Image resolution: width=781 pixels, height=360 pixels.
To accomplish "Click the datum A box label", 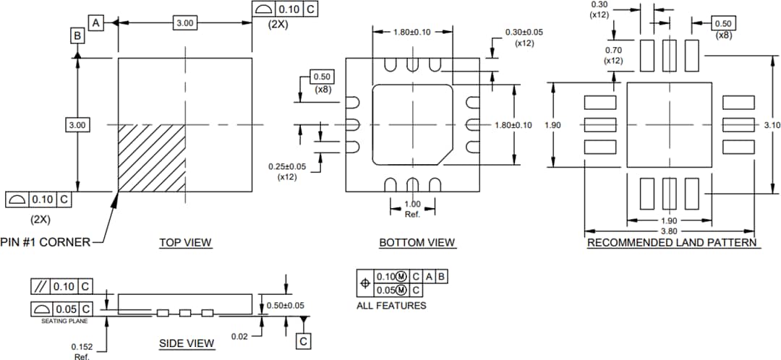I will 96,23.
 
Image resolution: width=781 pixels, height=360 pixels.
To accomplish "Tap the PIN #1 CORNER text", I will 46,242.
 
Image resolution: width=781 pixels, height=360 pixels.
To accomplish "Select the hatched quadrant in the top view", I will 151,158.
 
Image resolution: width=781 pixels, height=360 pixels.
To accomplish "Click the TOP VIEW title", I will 186,243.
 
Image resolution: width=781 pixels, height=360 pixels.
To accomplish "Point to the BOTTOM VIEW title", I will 417,243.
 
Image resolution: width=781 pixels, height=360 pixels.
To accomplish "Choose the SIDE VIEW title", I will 187,343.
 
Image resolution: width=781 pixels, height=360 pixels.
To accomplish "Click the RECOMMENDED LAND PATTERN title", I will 672,243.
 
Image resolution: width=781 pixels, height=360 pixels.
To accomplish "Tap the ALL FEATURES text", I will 391,306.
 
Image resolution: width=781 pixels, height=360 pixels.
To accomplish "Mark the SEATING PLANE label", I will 63,321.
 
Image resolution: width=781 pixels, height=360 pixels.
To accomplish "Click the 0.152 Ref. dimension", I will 81,350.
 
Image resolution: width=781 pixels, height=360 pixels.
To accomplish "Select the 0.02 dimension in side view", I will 240,337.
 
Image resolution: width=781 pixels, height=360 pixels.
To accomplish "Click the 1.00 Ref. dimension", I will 412,209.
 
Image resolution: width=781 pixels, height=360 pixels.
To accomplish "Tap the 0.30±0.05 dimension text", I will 524,37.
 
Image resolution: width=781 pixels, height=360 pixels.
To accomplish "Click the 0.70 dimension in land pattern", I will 613,55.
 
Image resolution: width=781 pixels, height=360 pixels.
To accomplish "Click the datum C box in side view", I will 304,340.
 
